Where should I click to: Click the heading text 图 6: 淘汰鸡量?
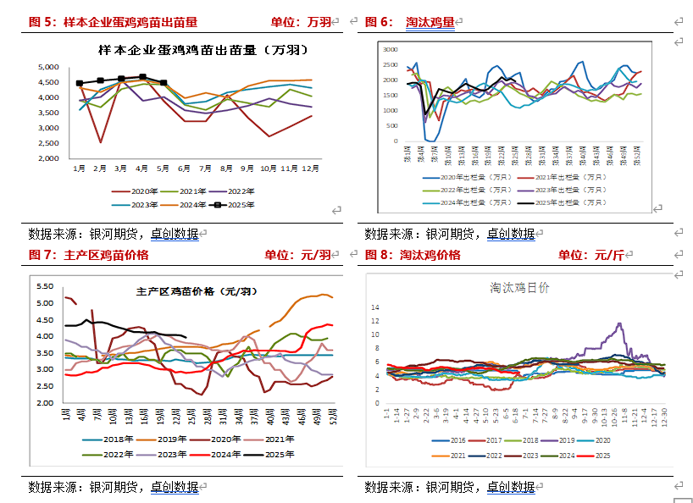tap(410, 22)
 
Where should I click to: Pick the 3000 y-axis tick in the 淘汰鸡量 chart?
tap(391, 50)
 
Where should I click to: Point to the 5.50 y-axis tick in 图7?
tap(45, 286)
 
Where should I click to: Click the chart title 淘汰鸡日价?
tap(519, 288)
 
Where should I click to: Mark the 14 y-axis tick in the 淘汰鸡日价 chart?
tap(376, 307)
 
